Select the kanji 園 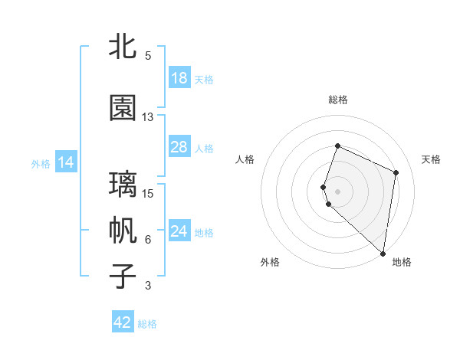[x=123, y=108]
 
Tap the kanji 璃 [x=123, y=185]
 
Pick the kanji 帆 [x=123, y=231]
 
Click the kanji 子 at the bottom [x=123, y=277]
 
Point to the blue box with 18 [x=179, y=78]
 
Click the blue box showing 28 [x=179, y=147]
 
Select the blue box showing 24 [x=179, y=232]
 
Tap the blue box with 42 [x=123, y=322]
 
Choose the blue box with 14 [x=66, y=162]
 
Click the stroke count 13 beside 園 [x=148, y=117]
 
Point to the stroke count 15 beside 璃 [x=148, y=193]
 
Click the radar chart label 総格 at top [x=337, y=100]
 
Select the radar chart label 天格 [x=431, y=159]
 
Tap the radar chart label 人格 [x=245, y=159]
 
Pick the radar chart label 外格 [x=269, y=262]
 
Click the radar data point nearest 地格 [x=383, y=254]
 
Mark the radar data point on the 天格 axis [x=396, y=172]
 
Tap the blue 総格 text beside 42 [x=147, y=324]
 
